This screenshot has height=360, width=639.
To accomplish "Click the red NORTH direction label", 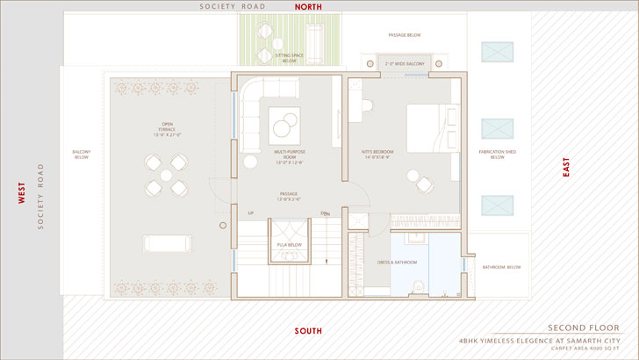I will click(x=307, y=6).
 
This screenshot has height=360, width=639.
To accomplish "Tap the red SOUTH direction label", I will click(x=307, y=331).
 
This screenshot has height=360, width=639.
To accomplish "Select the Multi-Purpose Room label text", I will click(x=289, y=157).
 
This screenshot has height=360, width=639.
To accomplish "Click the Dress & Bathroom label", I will click(x=398, y=263).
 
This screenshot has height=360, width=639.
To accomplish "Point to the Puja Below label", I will click(x=289, y=245).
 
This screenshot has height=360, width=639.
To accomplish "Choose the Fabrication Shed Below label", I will click(x=497, y=155).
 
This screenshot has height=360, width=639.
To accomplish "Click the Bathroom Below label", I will click(x=502, y=267).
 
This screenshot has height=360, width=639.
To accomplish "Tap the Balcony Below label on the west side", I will click(x=82, y=155).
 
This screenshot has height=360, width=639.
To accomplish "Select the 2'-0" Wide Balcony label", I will click(x=404, y=64).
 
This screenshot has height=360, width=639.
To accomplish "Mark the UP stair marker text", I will click(x=250, y=212).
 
